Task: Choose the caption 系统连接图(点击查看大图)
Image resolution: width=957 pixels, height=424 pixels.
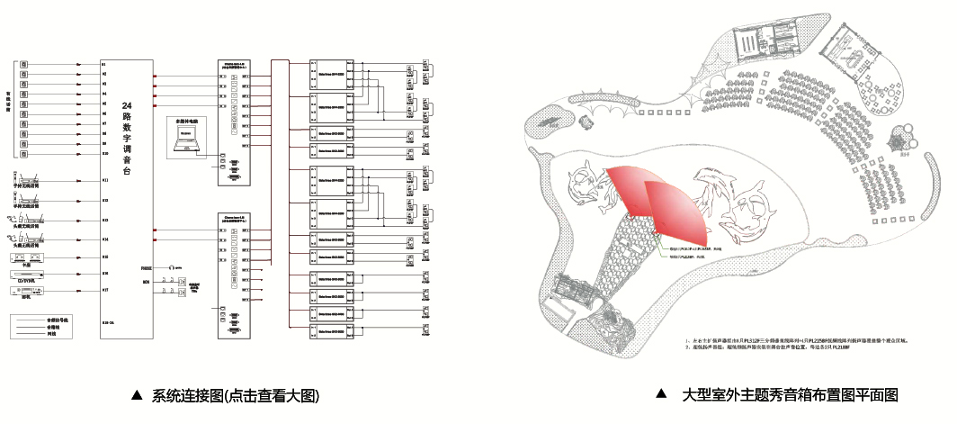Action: click(237, 395)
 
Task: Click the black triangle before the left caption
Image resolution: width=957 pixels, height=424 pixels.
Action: click(138, 395)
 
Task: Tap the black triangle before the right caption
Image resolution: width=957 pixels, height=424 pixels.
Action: click(662, 394)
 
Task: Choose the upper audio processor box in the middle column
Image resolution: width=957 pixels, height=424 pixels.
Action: click(234, 122)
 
